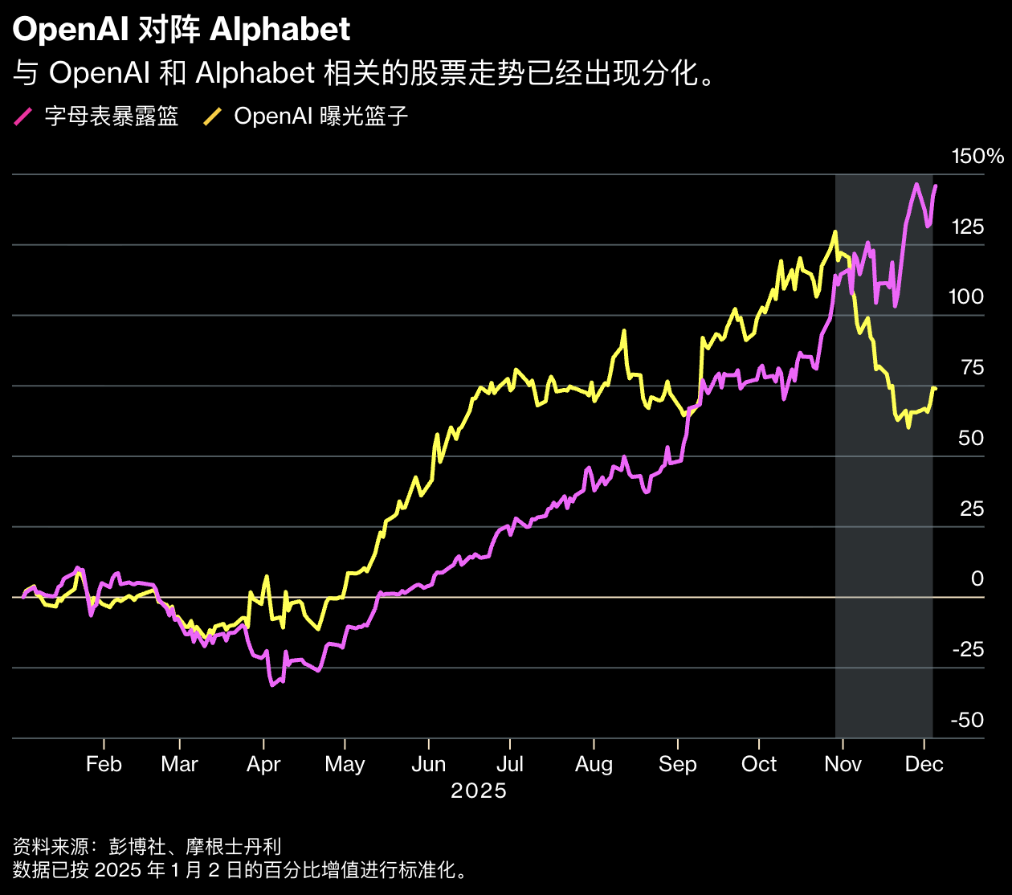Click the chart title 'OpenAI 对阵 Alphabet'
point(182,31)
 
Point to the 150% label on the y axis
point(977,157)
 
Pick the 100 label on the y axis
point(965,297)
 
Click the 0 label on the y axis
point(977,579)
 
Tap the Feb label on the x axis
point(104,764)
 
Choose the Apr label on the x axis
point(263,764)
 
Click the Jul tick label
point(510,764)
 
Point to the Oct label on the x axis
point(759,764)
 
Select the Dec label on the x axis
point(924,764)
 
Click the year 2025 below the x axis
point(479,791)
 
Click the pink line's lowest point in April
point(272,685)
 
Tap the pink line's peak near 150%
point(916,184)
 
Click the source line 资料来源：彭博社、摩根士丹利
point(147,846)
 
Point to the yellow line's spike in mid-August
point(624,331)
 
